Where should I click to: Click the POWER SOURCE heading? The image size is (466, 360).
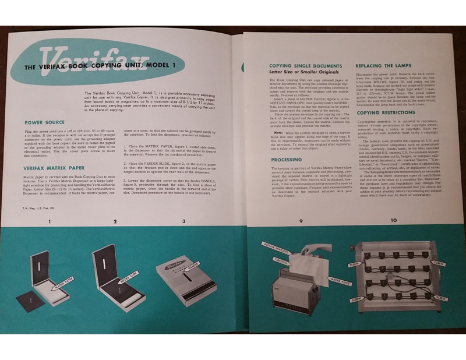click(45, 123)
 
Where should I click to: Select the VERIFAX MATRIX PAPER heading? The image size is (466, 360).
click(54, 168)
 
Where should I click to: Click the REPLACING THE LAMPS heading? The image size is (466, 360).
click(383, 66)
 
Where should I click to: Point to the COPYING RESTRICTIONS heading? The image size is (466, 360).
click(387, 112)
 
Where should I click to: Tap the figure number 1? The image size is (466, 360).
click(50, 221)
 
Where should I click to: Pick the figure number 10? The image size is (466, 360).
click(393, 220)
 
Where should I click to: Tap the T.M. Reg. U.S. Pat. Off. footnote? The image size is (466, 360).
click(37, 207)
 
